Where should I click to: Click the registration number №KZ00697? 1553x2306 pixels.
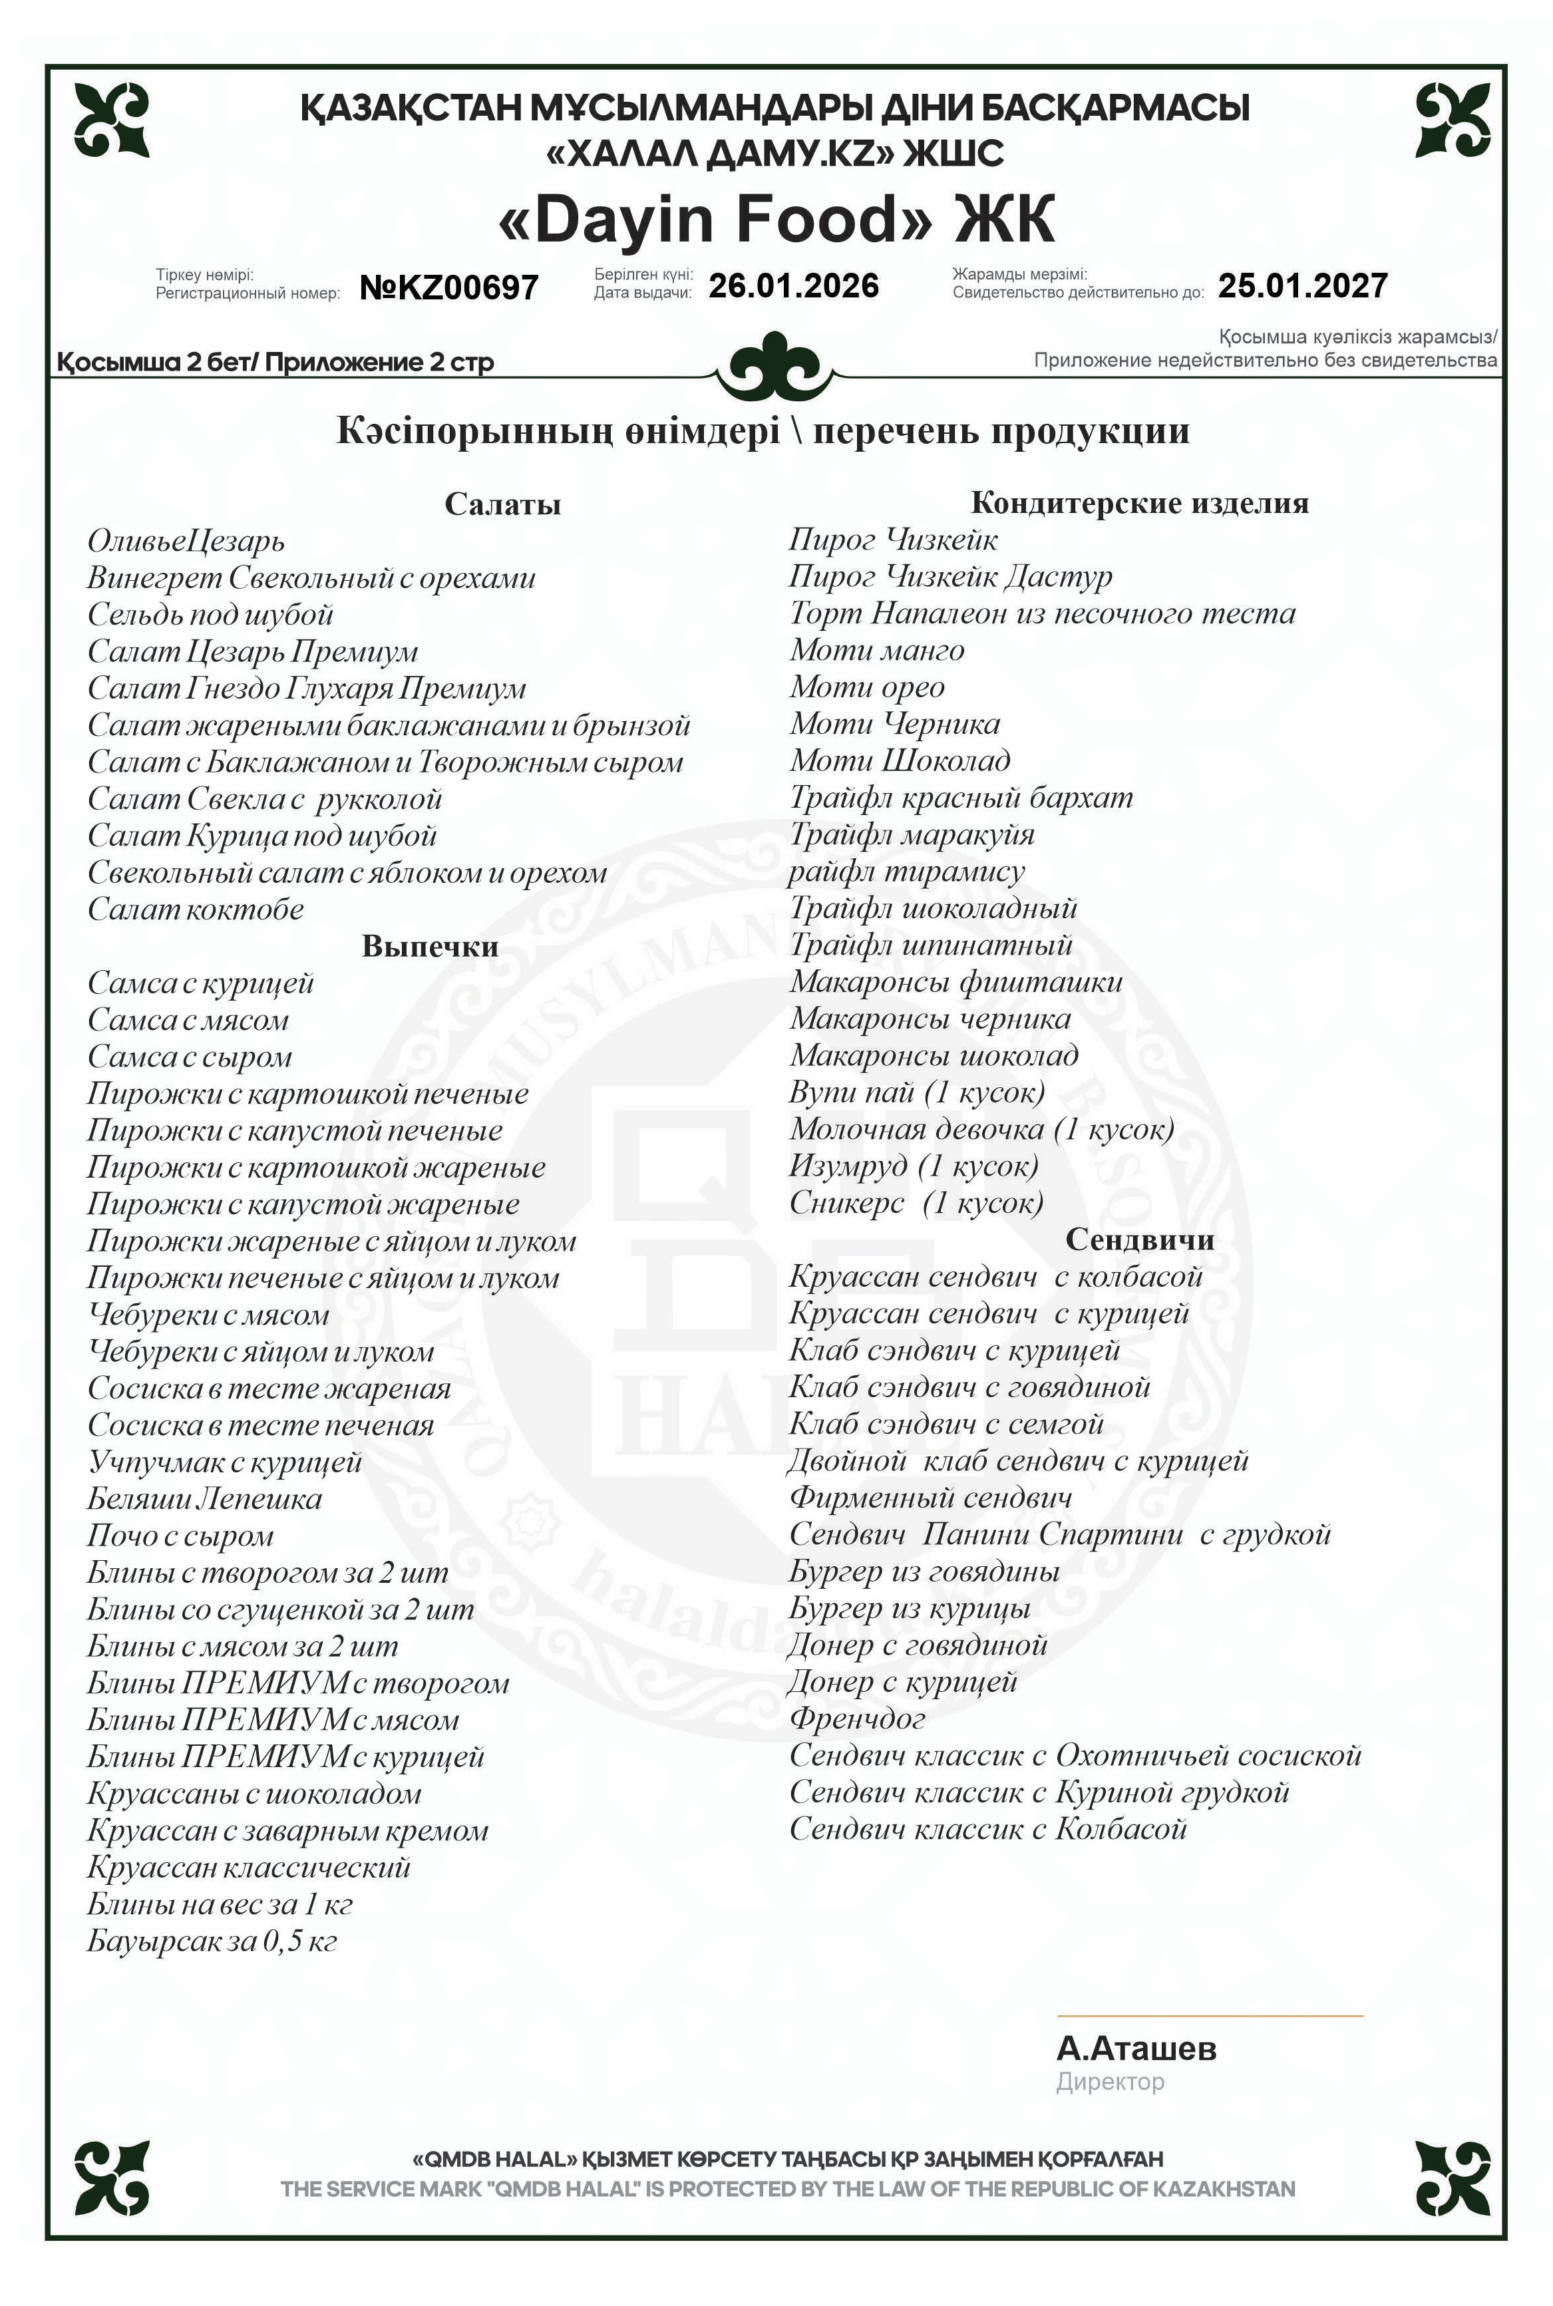click(448, 287)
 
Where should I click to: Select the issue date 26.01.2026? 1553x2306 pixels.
click(793, 286)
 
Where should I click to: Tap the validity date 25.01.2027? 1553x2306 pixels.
click(1302, 286)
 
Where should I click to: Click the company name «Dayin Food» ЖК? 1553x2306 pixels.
click(776, 219)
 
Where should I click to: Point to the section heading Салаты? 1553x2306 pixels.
click(502, 504)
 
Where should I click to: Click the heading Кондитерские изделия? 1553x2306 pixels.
click(1139, 503)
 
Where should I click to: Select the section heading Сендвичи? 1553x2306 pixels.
click(1139, 1239)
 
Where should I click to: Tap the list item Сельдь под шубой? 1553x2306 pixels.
click(210, 615)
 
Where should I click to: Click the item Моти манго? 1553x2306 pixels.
click(876, 651)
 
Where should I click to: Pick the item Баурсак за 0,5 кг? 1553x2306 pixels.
click(212, 1941)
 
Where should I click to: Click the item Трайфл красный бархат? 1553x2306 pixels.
click(961, 797)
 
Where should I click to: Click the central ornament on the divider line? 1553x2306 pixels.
click(776, 367)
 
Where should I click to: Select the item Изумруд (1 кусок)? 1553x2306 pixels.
click(913, 1166)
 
